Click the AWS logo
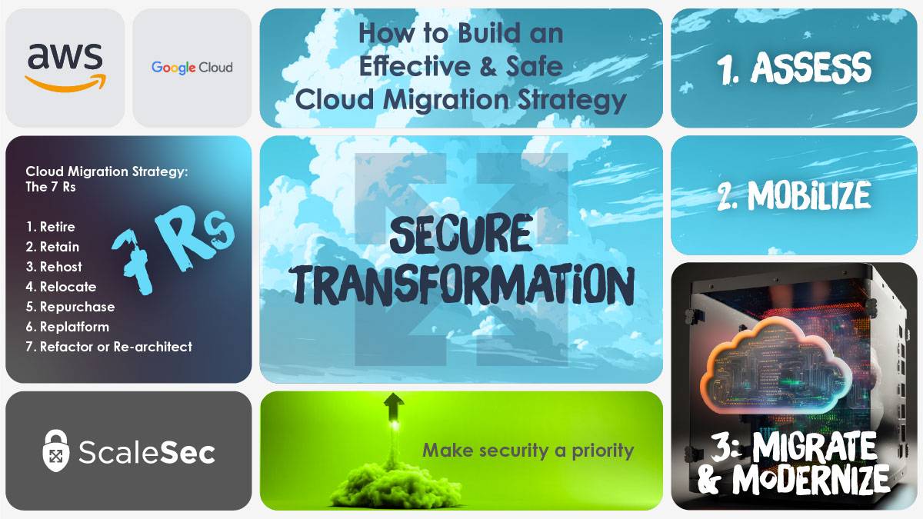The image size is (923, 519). [65, 66]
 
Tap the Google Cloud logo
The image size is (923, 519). [192, 68]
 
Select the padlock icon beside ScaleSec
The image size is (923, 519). [56, 451]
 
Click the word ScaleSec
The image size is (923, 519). [146, 452]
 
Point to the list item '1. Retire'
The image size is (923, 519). [50, 227]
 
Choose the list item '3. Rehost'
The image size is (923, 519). [54, 267]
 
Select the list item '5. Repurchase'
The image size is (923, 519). [70, 307]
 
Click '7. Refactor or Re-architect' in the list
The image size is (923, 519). [108, 347]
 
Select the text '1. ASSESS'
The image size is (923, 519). [795, 68]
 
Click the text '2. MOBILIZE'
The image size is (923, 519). [794, 196]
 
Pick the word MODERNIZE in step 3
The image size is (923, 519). [811, 480]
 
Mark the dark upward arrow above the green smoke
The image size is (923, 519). [395, 403]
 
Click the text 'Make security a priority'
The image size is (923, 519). [528, 451]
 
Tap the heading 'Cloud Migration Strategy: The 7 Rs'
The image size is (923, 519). [106, 179]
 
